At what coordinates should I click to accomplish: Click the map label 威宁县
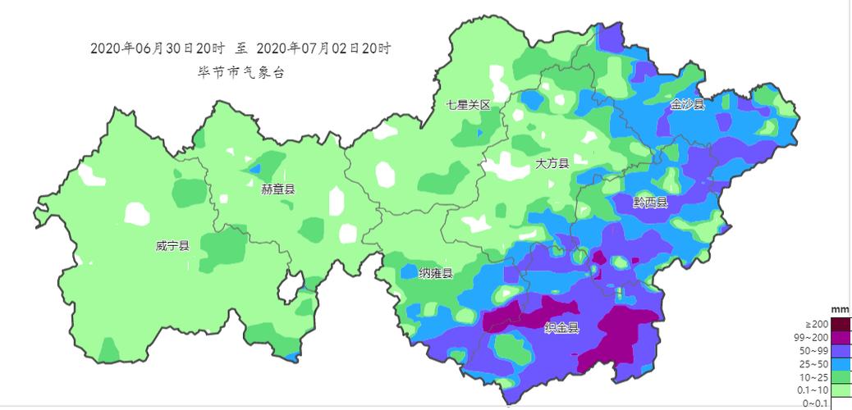pos(172,246)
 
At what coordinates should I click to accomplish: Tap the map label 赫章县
pos(278,189)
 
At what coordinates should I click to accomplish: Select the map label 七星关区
pos(468,105)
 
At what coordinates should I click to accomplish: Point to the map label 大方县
pos(552,163)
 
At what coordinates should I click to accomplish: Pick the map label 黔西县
pos(651,202)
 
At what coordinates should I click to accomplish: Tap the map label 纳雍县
pos(436,273)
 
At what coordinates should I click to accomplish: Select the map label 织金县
pos(562,328)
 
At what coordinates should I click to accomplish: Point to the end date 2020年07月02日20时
pos(323,48)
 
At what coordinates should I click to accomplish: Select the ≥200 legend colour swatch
pos(841,324)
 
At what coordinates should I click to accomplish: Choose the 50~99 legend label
pos(815,350)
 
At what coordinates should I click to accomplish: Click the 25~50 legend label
pos(815,363)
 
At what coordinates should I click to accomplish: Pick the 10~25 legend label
pos(815,376)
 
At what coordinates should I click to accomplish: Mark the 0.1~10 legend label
pos(813,389)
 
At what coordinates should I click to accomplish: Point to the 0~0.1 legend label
pos(815,403)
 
